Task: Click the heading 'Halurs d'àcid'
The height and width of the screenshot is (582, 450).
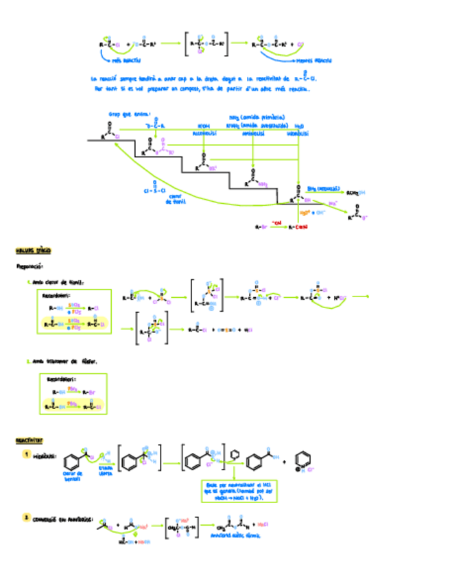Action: click(33, 251)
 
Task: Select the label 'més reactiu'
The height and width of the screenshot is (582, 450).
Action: click(126, 60)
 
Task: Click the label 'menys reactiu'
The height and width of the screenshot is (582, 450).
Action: click(316, 60)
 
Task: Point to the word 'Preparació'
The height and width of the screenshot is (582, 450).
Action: click(29, 266)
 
